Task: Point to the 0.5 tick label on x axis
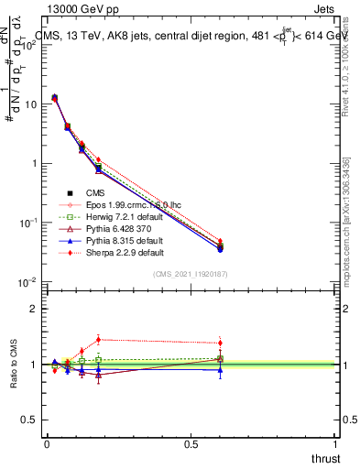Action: [x=191, y=444]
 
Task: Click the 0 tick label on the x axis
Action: [x=47, y=444]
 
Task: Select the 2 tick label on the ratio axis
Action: [x=34, y=309]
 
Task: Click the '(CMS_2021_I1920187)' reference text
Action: [x=190, y=275]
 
